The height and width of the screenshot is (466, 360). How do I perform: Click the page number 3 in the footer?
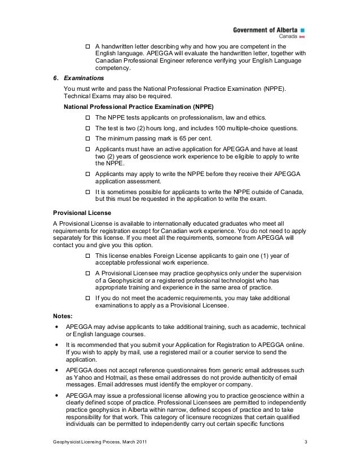(305, 440)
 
